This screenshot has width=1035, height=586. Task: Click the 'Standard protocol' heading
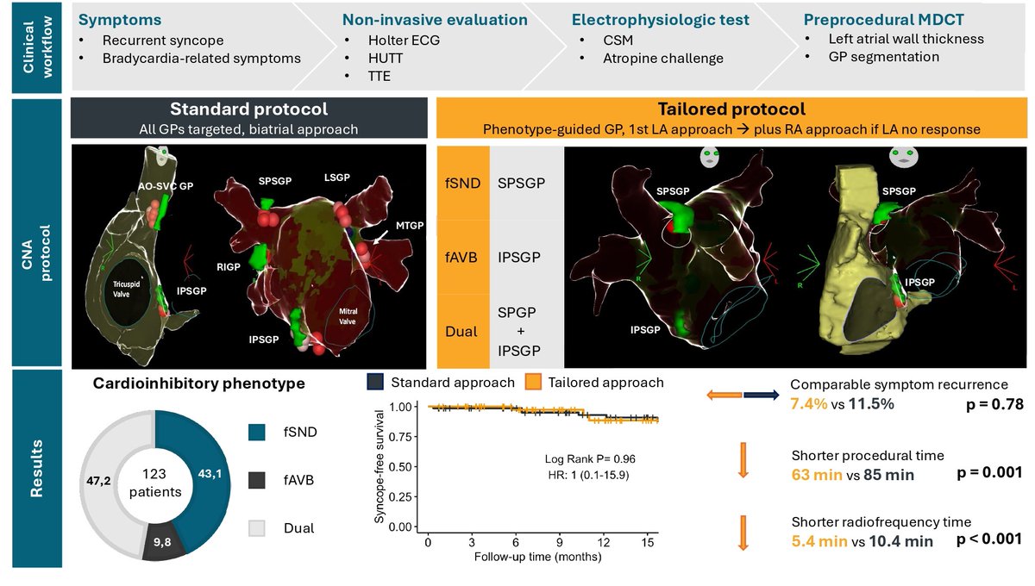248,109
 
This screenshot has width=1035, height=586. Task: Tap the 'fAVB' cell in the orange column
463,256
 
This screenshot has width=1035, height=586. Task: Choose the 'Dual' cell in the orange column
463,330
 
